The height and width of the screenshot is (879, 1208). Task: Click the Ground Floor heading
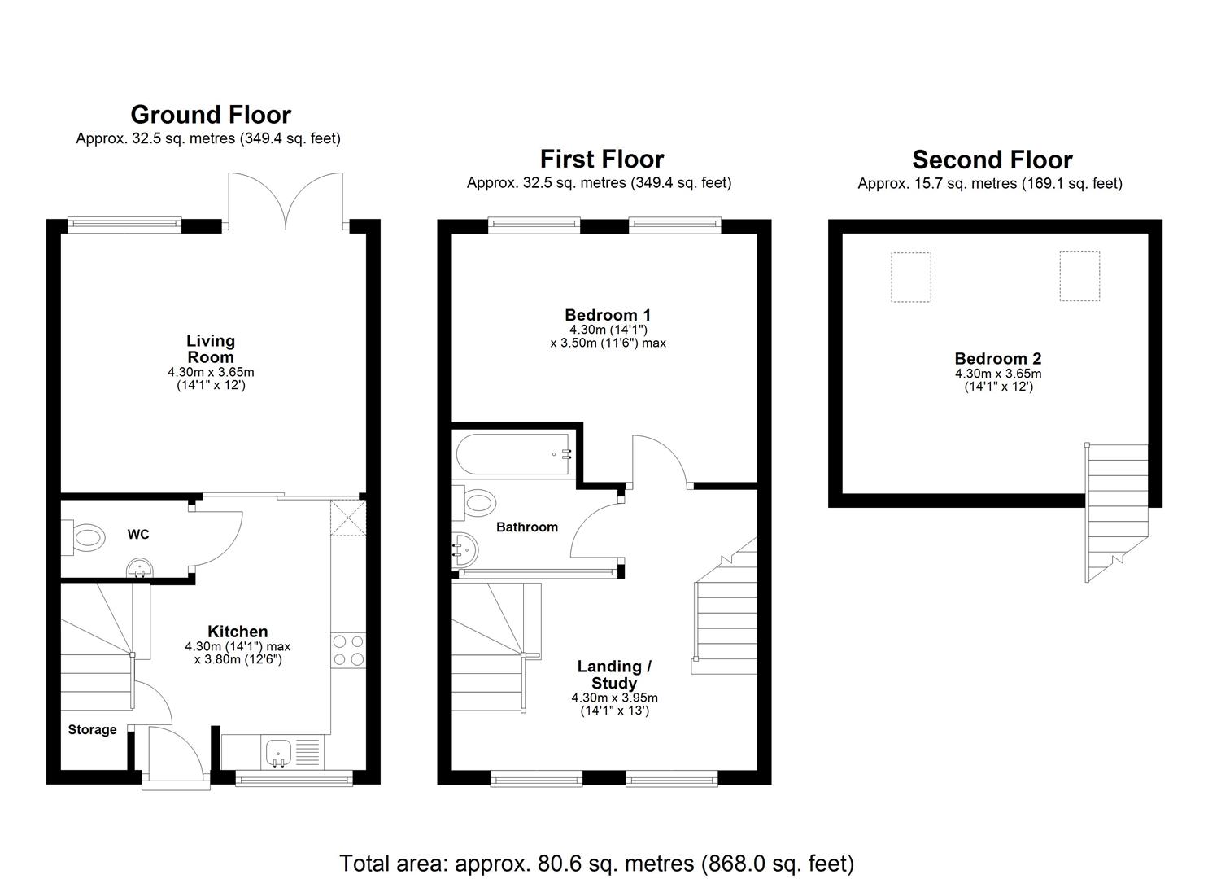[210, 115]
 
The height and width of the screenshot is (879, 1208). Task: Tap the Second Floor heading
[992, 160]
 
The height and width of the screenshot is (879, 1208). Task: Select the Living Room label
[211, 348]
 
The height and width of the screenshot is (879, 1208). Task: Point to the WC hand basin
[141, 567]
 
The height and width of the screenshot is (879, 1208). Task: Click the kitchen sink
[279, 751]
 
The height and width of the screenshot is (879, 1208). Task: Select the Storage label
[92, 730]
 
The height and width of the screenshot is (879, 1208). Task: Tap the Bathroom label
[527, 527]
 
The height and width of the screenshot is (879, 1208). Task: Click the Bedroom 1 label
[608, 315]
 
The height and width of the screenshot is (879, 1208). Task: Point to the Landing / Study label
[614, 675]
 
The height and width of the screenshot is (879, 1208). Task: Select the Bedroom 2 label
[997, 359]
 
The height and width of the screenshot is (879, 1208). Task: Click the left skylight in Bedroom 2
[910, 277]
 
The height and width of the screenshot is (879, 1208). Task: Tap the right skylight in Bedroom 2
[1079, 276]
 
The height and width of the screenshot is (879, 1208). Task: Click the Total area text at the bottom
[596, 863]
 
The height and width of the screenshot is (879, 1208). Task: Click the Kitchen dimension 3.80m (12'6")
[238, 659]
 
